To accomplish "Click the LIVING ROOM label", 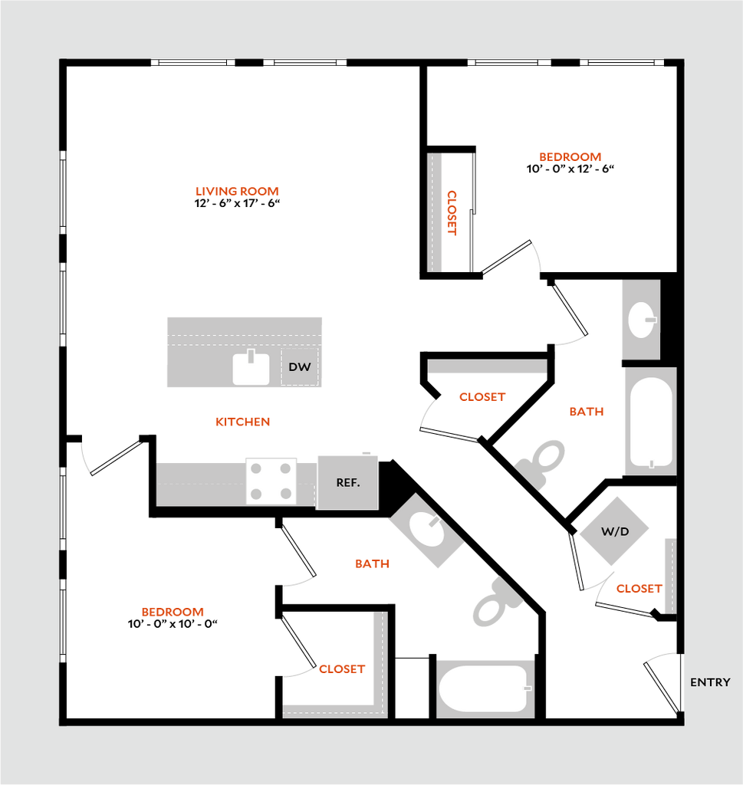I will (237, 192).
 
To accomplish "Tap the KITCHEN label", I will (243, 422).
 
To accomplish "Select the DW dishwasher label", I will (299, 367).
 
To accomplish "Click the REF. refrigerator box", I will (347, 482).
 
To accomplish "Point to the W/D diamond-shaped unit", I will (613, 531).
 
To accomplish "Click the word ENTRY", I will (710, 682).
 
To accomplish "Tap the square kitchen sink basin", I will (251, 370).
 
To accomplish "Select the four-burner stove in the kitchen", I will (271, 481).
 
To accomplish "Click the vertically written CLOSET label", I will (452, 213).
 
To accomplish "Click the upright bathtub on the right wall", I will (651, 421).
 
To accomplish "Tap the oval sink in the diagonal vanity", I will (425, 529).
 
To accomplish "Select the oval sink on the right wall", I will (641, 320).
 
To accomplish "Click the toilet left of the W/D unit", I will (543, 462).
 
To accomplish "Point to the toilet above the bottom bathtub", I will (496, 602).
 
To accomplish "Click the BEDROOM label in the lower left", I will (173, 613).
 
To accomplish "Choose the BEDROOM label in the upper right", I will (570, 157).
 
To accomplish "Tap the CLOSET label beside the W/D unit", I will (639, 590).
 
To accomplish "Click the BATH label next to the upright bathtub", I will (587, 412).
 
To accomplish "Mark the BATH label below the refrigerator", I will (373, 564).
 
